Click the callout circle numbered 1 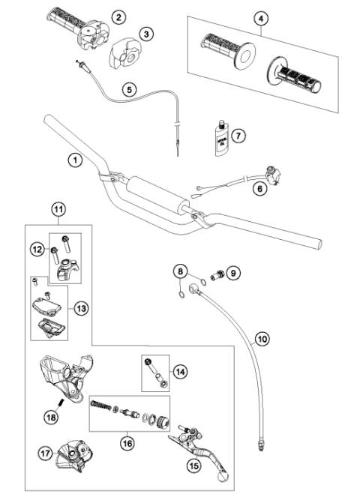coord(73,159)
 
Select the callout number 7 coord(239,136)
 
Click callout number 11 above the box coord(58,211)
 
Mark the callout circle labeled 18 coord(50,416)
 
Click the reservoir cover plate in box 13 coord(46,305)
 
